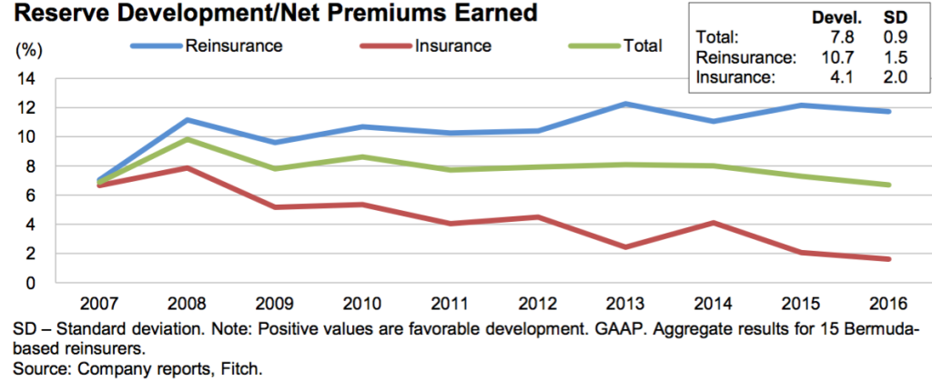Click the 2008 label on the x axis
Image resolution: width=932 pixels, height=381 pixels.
click(161, 304)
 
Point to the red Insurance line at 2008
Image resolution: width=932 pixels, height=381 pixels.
click(161, 168)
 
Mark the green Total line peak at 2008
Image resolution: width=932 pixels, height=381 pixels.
click(161, 139)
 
